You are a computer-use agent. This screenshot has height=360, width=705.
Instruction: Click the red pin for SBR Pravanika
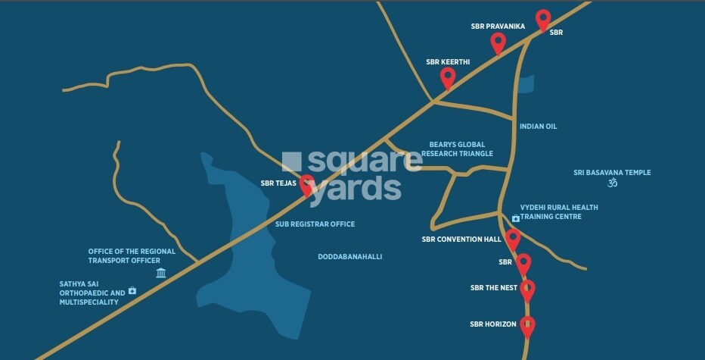click(x=498, y=42)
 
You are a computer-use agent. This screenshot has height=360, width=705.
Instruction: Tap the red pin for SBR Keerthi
click(x=448, y=77)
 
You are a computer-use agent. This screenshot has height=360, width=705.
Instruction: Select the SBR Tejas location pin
click(x=307, y=184)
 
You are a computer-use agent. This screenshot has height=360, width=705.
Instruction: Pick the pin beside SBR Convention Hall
click(x=513, y=239)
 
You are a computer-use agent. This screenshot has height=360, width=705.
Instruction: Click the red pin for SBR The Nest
click(x=527, y=289)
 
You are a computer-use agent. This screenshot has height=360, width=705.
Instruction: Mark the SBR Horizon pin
click(x=527, y=325)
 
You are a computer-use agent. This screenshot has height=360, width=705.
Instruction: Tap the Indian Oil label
click(x=538, y=126)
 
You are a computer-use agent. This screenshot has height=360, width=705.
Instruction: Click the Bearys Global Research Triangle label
click(x=457, y=149)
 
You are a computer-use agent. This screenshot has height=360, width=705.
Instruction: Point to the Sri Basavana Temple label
click(x=612, y=173)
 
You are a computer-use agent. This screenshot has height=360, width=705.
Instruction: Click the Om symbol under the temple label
click(x=613, y=183)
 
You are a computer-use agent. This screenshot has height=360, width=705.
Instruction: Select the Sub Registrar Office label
click(x=314, y=224)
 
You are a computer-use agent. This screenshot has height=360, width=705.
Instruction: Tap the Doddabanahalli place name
click(x=349, y=257)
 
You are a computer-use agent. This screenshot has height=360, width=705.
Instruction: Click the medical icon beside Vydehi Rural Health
click(x=515, y=218)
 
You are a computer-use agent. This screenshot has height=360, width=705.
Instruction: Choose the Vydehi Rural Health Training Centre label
click(x=558, y=211)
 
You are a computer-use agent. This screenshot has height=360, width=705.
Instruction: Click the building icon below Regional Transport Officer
click(x=161, y=273)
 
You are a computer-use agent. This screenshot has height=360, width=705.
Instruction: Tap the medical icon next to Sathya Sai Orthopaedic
click(x=132, y=290)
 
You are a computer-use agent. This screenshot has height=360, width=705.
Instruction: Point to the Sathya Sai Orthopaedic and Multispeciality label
click(x=92, y=293)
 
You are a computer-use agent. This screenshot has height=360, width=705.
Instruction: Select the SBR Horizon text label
click(x=492, y=324)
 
